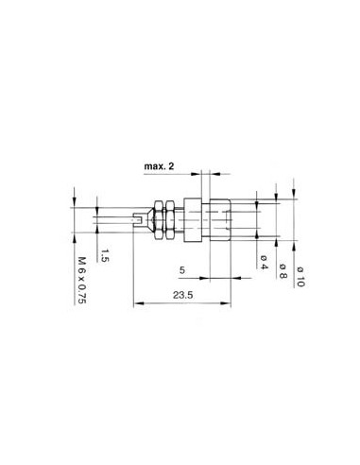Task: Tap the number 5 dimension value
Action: point(182,269)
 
